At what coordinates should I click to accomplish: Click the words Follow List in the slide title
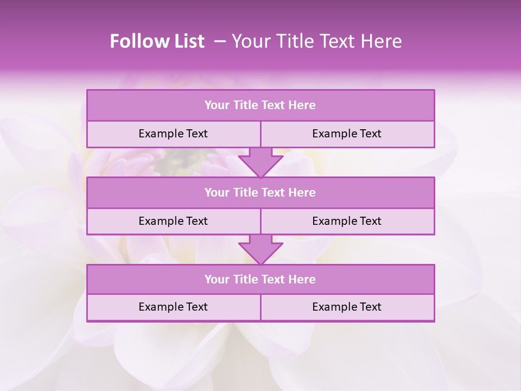pyautogui.click(x=157, y=41)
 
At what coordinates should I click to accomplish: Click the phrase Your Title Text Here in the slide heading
pyautogui.click(x=316, y=41)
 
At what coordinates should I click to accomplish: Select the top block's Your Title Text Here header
pyautogui.click(x=260, y=105)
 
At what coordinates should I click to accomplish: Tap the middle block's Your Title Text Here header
pyautogui.click(x=260, y=192)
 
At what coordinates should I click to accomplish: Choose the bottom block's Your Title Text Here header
pyautogui.click(x=260, y=279)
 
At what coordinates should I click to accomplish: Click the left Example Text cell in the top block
pyautogui.click(x=173, y=134)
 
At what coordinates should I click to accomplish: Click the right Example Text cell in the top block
pyautogui.click(x=347, y=134)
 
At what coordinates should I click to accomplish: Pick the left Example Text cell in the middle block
pyautogui.click(x=173, y=221)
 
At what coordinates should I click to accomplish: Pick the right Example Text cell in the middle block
pyautogui.click(x=347, y=221)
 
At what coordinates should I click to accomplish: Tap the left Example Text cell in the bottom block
pyautogui.click(x=173, y=307)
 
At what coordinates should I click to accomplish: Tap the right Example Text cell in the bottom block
pyautogui.click(x=347, y=307)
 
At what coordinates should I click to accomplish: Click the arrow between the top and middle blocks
pyautogui.click(x=260, y=162)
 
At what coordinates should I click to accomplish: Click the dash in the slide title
pyautogui.click(x=220, y=41)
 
